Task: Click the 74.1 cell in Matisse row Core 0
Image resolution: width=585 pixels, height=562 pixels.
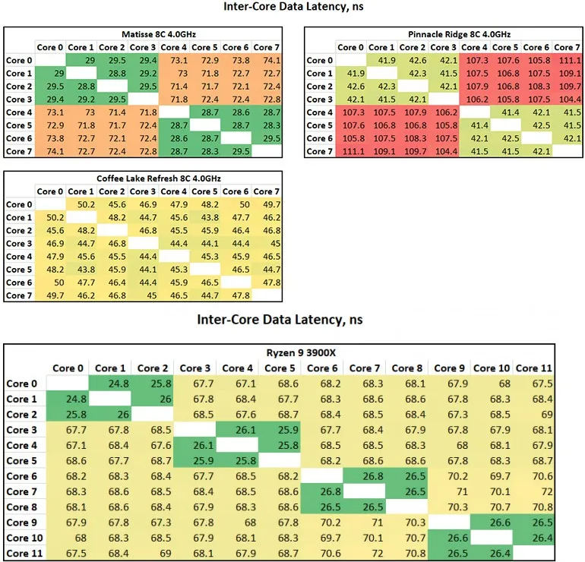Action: pos(267,60)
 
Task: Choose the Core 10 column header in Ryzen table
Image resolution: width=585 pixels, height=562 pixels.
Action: pos(490,368)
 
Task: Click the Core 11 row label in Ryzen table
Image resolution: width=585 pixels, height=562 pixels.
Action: pos(24,554)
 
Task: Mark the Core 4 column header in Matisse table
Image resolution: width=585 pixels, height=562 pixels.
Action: pos(174,47)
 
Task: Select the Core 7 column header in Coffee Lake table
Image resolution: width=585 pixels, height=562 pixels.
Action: pos(267,191)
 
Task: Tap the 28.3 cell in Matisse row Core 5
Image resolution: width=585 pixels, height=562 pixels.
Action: pos(267,125)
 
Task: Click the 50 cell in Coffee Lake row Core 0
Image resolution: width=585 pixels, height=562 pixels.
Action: pos(236,204)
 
